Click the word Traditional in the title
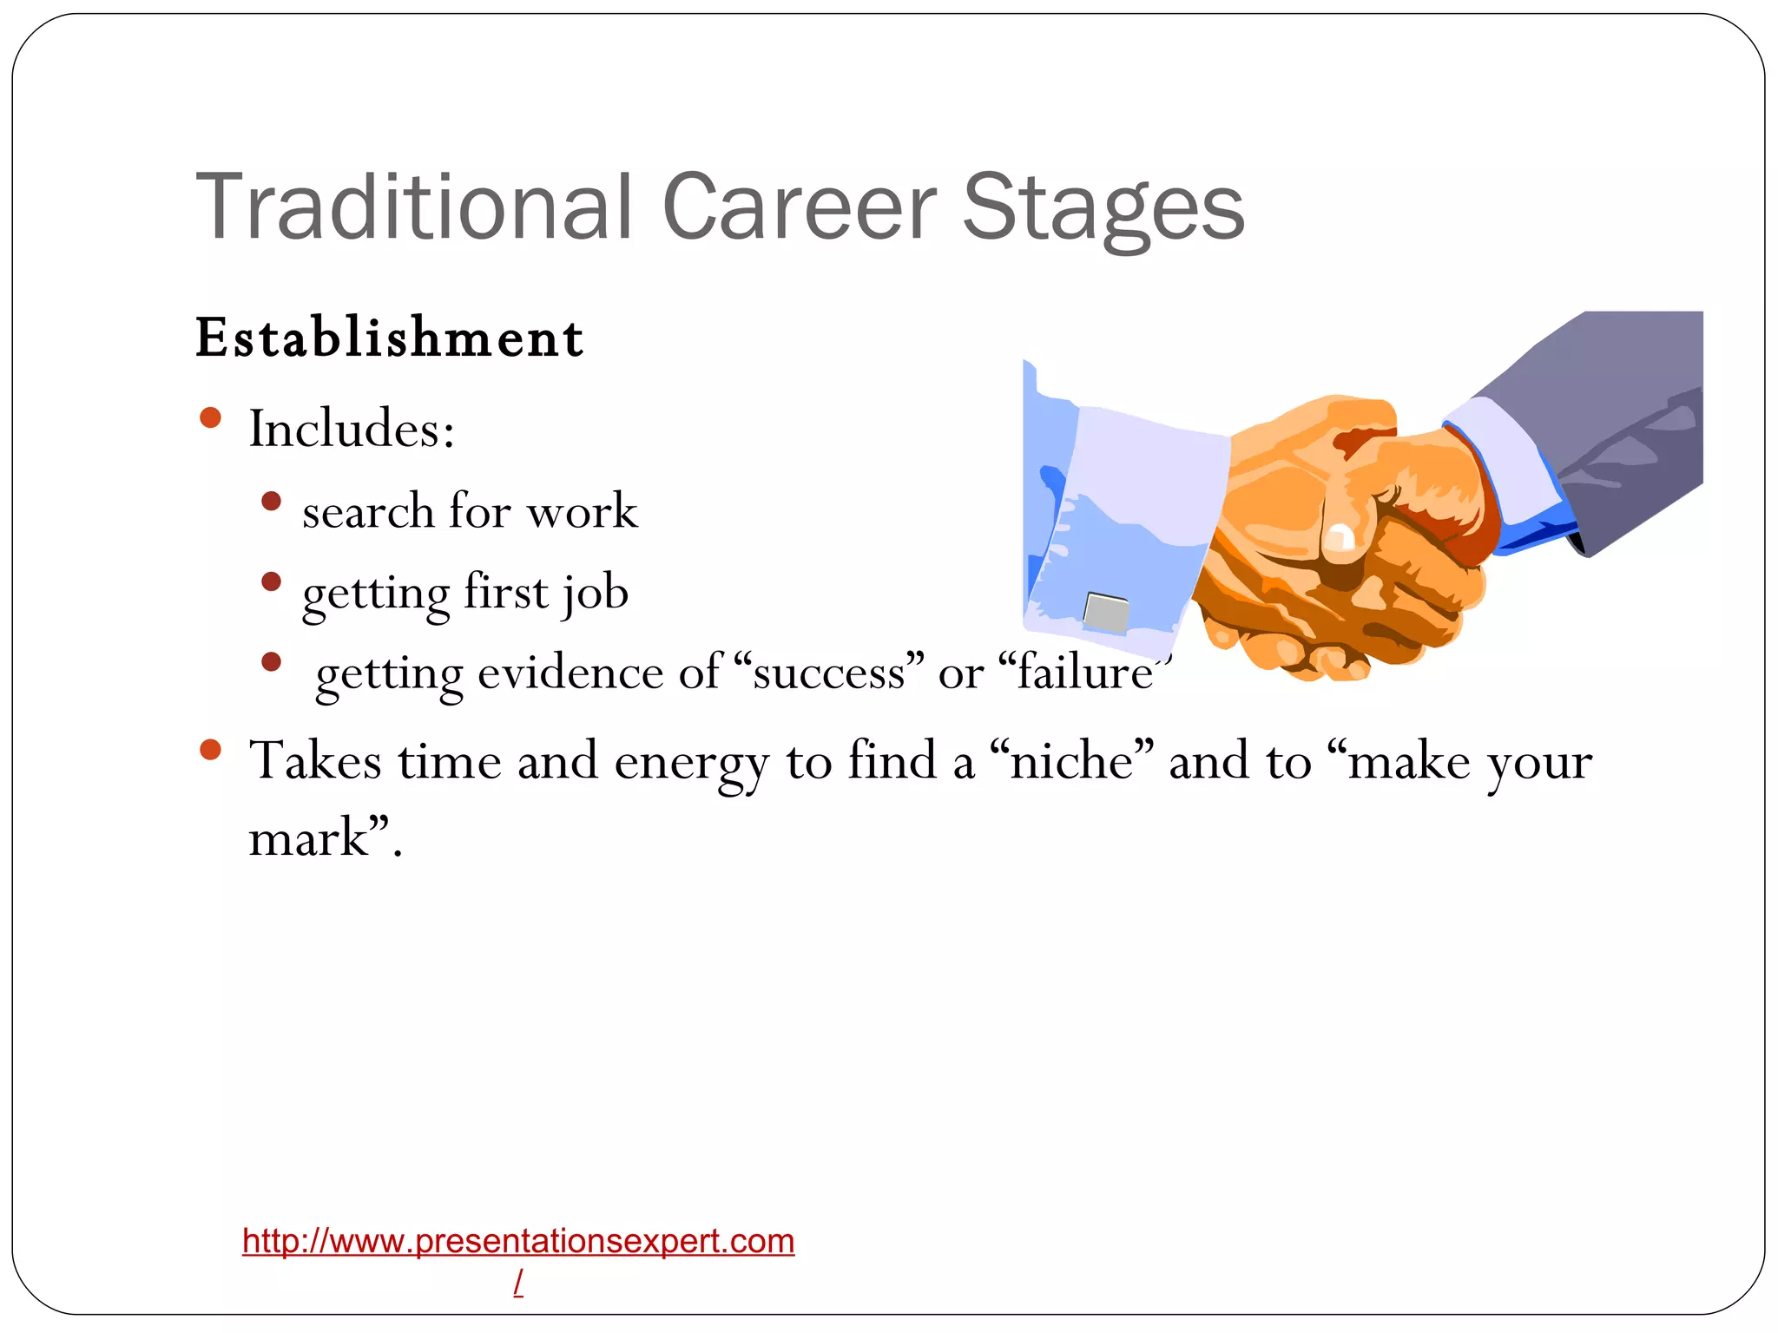(x=413, y=208)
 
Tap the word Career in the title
(x=799, y=208)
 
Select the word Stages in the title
(x=1103, y=208)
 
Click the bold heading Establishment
(x=389, y=338)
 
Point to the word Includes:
(x=352, y=429)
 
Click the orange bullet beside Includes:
(x=210, y=418)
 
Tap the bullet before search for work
(x=271, y=502)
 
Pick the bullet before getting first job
(x=271, y=581)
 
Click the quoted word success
(x=829, y=673)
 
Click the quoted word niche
(x=1072, y=762)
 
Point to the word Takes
(x=315, y=762)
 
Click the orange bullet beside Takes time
(x=210, y=750)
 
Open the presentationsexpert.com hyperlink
(x=518, y=1242)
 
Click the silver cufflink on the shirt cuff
(x=1107, y=613)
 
